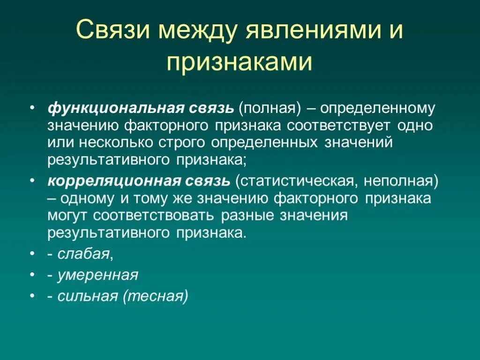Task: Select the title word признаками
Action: pos(240,61)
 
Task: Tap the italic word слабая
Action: pos(84,254)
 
